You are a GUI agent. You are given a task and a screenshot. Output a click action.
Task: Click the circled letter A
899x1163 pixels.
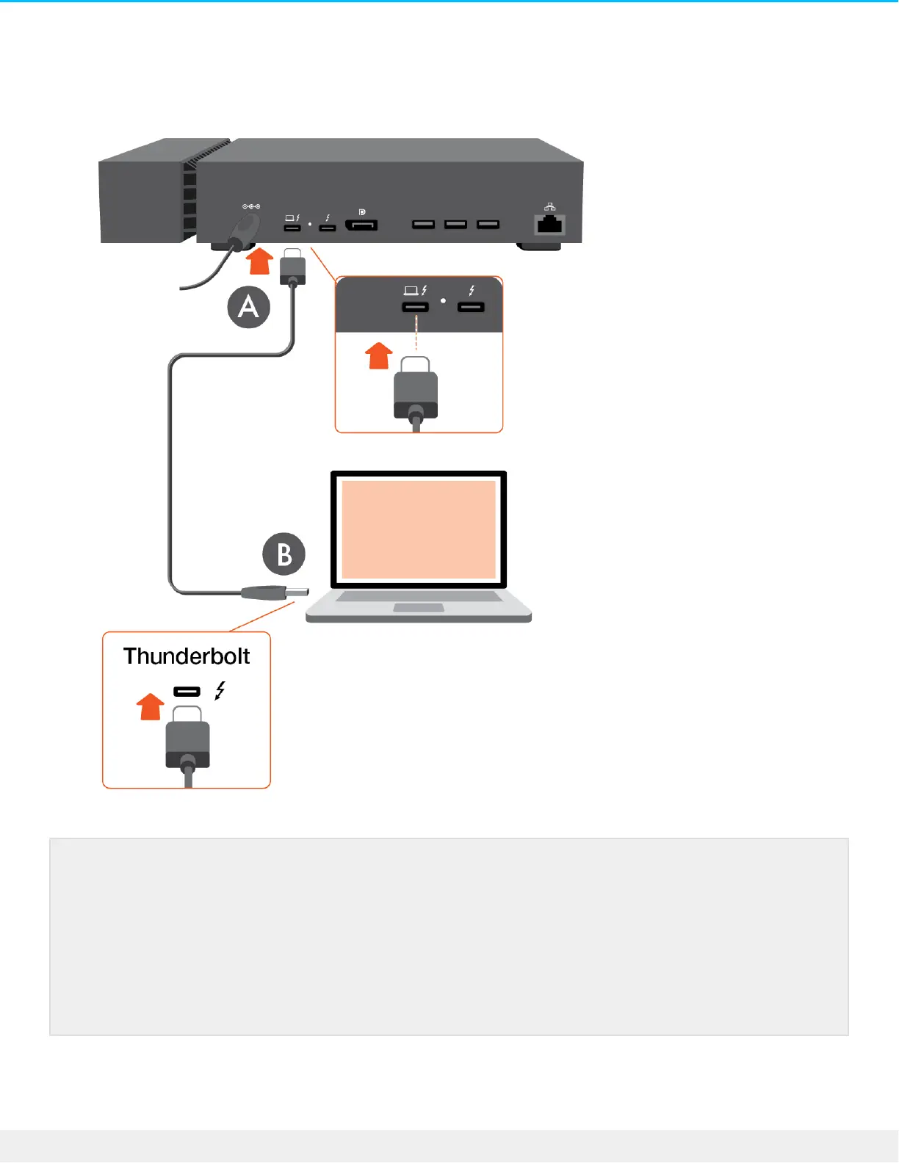(x=249, y=307)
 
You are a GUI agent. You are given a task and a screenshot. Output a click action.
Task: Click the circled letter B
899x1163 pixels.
(x=284, y=554)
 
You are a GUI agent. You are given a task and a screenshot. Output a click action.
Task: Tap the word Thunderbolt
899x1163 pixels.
(x=187, y=656)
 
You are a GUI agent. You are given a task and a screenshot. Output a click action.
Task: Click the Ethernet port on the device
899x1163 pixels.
(x=549, y=224)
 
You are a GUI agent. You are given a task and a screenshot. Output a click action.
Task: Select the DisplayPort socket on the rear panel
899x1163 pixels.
(x=361, y=225)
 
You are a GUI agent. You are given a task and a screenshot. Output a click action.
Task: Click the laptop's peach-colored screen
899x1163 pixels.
(x=419, y=529)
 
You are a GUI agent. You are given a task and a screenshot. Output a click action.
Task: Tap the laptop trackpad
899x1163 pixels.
(x=419, y=608)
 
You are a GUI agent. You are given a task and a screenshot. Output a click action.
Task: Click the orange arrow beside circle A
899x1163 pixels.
(x=259, y=261)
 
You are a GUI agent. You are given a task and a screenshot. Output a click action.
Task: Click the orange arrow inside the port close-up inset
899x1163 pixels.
(x=379, y=356)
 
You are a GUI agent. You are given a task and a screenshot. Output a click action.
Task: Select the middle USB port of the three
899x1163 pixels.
(x=455, y=224)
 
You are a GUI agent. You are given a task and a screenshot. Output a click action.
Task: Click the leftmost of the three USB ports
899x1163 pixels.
(x=423, y=224)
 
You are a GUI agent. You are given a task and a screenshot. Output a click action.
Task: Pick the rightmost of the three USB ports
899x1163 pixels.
(x=488, y=224)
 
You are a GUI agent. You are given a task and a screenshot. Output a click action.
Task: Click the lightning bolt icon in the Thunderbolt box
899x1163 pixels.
(x=220, y=690)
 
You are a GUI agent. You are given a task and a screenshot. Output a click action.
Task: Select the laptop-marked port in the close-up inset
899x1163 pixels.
(x=416, y=307)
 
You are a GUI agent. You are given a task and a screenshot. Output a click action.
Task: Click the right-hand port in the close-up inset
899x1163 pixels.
(x=471, y=307)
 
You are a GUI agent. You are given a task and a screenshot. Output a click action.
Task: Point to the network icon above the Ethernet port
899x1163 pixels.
(x=549, y=207)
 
